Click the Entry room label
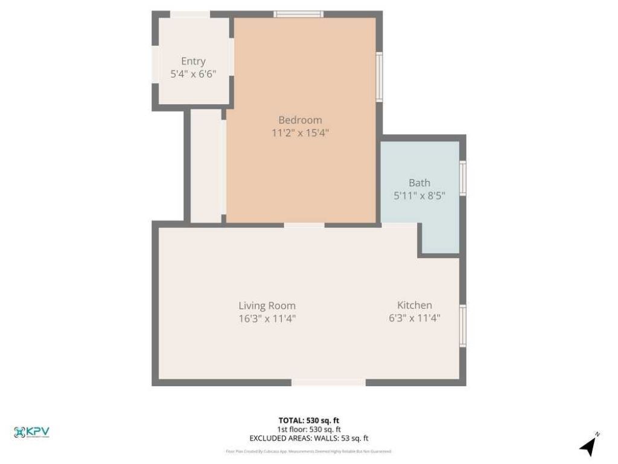pyautogui.click(x=193, y=61)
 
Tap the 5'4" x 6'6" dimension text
pyautogui.click(x=193, y=74)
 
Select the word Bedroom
pyautogui.click(x=300, y=120)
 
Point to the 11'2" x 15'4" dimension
pyautogui.click(x=300, y=133)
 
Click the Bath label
pyautogui.click(x=419, y=182)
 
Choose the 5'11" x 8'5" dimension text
pyautogui.click(x=419, y=196)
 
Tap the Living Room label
pyautogui.click(x=267, y=306)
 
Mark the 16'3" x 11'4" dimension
pyautogui.click(x=267, y=319)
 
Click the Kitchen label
pyautogui.click(x=414, y=305)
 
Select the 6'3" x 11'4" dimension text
pyautogui.click(x=414, y=318)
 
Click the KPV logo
pyautogui.click(x=31, y=432)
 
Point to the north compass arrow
pyautogui.click(x=588, y=446)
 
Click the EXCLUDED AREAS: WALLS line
pyautogui.click(x=308, y=438)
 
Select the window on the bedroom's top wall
pyautogui.click(x=298, y=14)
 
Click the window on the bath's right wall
pyautogui.click(x=463, y=178)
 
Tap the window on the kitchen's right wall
pyautogui.click(x=463, y=325)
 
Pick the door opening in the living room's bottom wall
pyautogui.click(x=328, y=382)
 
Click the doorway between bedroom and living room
pyautogui.click(x=304, y=225)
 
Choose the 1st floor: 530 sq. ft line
pyautogui.click(x=308, y=429)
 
